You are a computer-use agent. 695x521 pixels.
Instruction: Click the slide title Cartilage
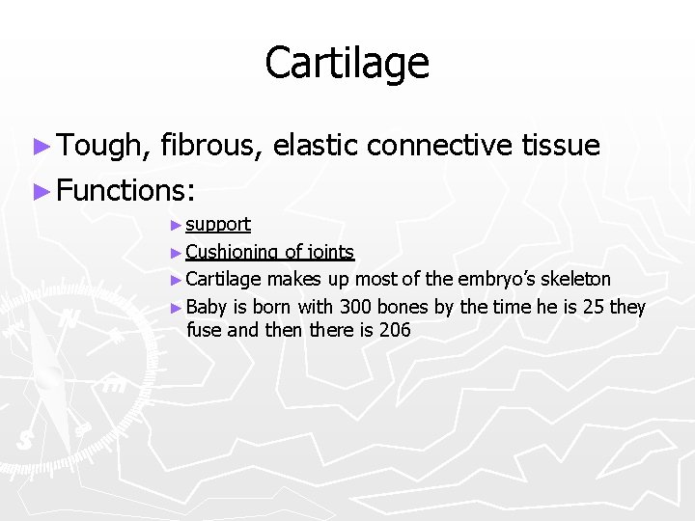pyautogui.click(x=347, y=64)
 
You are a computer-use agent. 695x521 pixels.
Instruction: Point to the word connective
pyautogui.click(x=439, y=146)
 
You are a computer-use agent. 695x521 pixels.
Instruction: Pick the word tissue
pyautogui.click(x=560, y=146)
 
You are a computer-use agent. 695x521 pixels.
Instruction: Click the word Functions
pyautogui.click(x=125, y=190)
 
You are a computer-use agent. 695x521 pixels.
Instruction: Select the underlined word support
pyautogui.click(x=218, y=225)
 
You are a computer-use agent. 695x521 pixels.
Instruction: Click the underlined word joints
pyautogui.click(x=330, y=253)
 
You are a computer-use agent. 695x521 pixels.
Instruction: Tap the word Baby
pyautogui.click(x=206, y=308)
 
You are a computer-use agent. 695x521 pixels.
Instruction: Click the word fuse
pyautogui.click(x=204, y=330)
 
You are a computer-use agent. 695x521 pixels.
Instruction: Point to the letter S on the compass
pyautogui.click(x=26, y=440)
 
